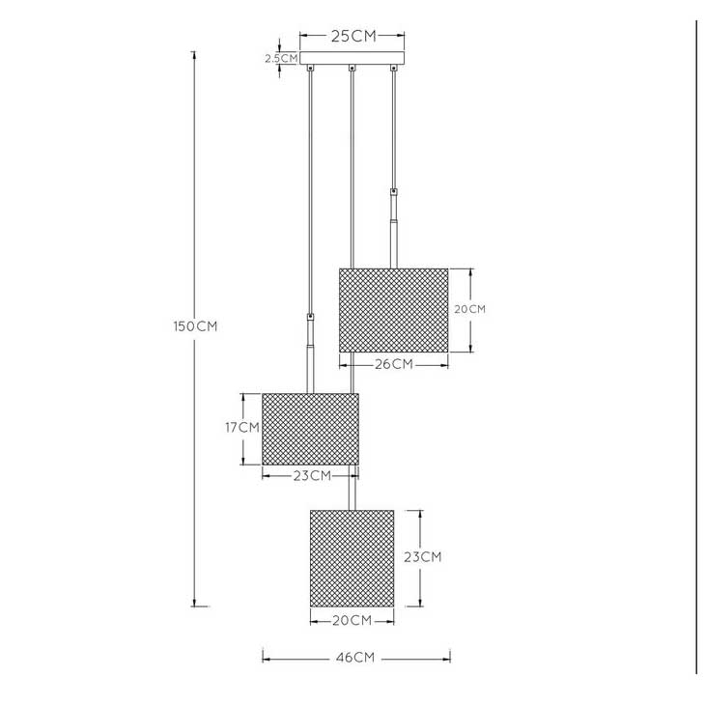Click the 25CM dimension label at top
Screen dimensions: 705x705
click(353, 36)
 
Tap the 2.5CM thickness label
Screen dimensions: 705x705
click(281, 58)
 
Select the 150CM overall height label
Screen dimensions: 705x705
click(195, 326)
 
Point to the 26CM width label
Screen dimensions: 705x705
click(394, 364)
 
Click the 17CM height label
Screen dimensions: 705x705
click(242, 427)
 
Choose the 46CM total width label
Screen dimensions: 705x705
click(355, 658)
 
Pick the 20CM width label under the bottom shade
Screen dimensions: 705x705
click(352, 620)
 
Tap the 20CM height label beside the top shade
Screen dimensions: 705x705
click(470, 309)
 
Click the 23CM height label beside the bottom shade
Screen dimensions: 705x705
click(422, 557)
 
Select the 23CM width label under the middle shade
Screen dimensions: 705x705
click(313, 476)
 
